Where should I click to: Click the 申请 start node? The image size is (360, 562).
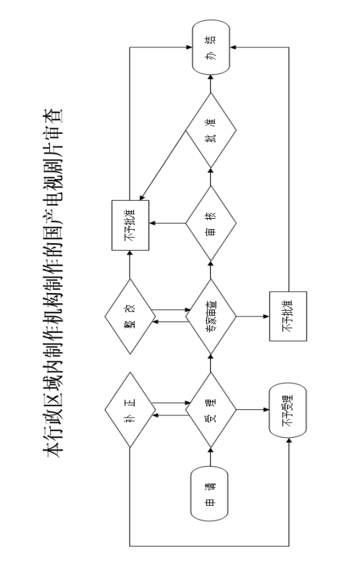point(209,494)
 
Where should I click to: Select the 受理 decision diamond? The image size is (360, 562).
point(211,409)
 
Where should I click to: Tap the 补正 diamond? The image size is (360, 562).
point(130,409)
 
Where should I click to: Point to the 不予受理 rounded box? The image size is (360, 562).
point(288,410)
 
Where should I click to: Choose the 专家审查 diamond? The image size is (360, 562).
point(211,317)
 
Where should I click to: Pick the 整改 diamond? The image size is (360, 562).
point(130,317)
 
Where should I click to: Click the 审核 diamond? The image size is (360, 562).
point(211,224)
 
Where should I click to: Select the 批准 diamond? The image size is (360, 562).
point(211,130)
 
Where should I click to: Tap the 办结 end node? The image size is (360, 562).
point(211,47)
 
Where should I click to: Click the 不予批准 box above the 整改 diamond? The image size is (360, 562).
point(130,225)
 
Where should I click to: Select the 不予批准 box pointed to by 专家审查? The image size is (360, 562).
point(288,316)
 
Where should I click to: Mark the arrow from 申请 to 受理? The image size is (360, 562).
point(211,457)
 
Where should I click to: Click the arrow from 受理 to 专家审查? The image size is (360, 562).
point(211,363)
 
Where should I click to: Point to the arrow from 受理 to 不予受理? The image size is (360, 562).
point(253,409)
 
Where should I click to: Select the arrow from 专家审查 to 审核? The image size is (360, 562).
point(211,270)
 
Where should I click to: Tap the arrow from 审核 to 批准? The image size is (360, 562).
point(211,177)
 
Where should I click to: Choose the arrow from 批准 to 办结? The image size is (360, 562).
point(211,84)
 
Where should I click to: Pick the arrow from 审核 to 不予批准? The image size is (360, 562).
point(168,224)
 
